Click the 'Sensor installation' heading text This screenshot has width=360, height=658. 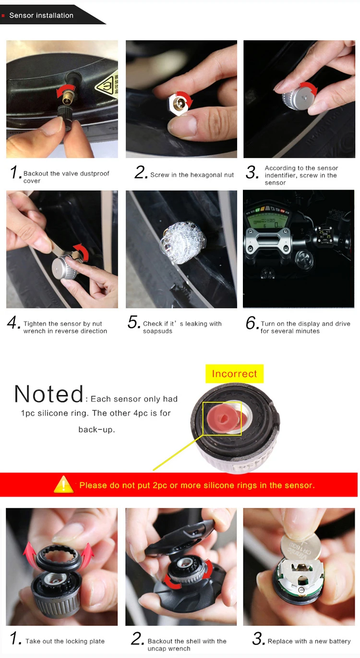tap(41, 15)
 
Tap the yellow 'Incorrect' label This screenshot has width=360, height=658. tap(234, 374)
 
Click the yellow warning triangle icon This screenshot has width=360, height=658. tap(63, 485)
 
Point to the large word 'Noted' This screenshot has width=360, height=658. tap(49, 394)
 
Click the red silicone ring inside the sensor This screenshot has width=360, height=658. tap(223, 417)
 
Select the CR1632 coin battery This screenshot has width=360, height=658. tap(300, 547)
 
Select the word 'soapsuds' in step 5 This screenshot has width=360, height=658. tap(157, 331)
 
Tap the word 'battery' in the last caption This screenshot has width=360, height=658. tap(340, 641)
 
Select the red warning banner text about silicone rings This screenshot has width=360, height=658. tap(197, 485)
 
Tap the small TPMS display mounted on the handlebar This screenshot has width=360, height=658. tap(325, 235)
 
